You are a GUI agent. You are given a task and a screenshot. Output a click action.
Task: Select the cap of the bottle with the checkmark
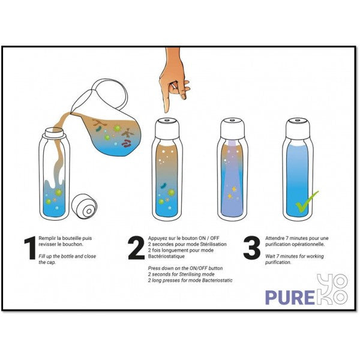(299, 127)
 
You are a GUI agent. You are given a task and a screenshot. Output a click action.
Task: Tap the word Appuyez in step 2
(157, 238)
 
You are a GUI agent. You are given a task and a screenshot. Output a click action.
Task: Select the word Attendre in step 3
(275, 238)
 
